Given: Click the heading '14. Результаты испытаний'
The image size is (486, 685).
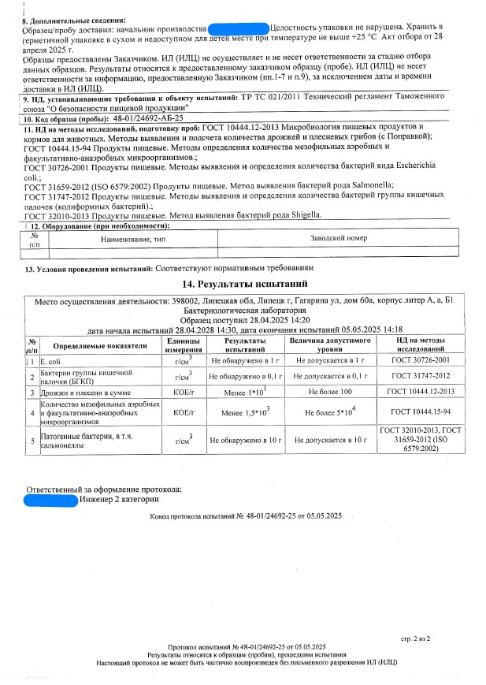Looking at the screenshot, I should [244, 284].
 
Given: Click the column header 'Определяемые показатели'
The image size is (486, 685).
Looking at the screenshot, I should [100, 345].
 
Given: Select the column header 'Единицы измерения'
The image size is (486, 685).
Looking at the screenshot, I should [183, 344].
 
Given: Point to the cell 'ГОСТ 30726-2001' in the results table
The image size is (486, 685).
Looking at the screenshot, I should [421, 360].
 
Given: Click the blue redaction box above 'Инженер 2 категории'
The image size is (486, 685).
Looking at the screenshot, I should [51, 499].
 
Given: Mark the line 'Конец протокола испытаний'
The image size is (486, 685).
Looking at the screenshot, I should [245, 516].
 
